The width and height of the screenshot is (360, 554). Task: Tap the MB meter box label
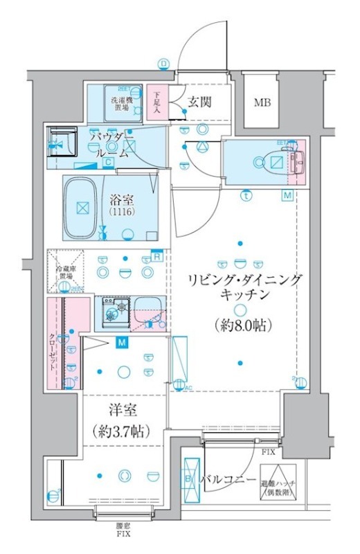tap(262, 104)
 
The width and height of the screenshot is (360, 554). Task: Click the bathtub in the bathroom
tap(82, 207)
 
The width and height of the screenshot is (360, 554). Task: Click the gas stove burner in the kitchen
tap(113, 310)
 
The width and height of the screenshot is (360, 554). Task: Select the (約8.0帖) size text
tap(237, 324)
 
